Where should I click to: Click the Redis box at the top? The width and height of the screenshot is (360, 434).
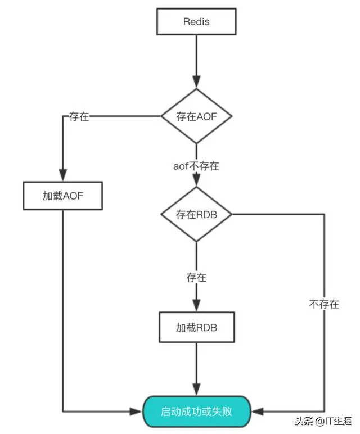(x=196, y=22)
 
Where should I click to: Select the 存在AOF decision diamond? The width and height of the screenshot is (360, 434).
(x=196, y=116)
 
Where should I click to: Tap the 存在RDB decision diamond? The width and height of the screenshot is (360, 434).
(x=196, y=214)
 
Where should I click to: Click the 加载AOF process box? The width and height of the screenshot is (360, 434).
(x=63, y=196)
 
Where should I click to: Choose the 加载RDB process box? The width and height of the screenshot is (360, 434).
(x=196, y=327)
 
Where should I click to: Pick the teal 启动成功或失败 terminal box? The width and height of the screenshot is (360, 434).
(x=196, y=412)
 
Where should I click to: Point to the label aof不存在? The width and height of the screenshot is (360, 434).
(x=196, y=166)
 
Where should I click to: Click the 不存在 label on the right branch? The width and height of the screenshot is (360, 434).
(x=324, y=304)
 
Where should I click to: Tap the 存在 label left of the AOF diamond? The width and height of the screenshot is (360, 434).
(x=79, y=116)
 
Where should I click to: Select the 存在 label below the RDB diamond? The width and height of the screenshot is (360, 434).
(x=196, y=277)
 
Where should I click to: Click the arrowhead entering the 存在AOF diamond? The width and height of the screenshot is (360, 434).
(x=196, y=83)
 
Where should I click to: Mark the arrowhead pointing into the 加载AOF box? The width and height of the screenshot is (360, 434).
(x=63, y=175)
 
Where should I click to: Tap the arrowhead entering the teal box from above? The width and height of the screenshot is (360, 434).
(x=196, y=391)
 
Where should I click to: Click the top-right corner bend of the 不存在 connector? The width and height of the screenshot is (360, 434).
(x=325, y=214)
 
